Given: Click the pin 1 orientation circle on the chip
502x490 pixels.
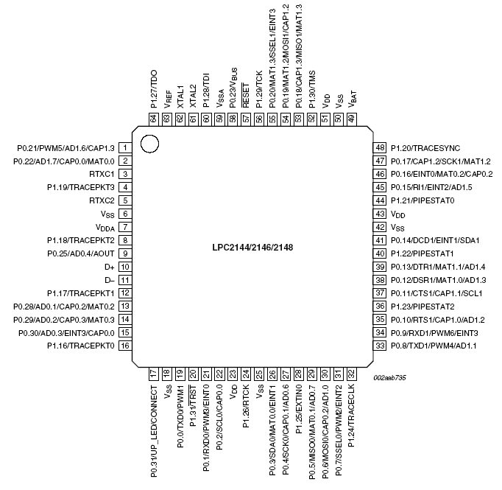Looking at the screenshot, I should [x=149, y=144].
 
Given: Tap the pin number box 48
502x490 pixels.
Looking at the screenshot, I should [x=380, y=148].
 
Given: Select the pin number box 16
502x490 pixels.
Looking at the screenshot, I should [x=125, y=345].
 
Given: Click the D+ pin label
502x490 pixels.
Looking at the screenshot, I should [x=110, y=267].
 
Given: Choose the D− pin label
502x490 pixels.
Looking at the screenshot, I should [x=110, y=280].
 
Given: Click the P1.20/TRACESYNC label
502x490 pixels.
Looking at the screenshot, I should [x=426, y=148].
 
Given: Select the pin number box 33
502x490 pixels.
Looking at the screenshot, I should [x=380, y=345].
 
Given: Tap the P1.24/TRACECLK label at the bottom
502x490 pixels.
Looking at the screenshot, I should [x=352, y=416].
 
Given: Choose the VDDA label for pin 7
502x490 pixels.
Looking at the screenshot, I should [x=105, y=228].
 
